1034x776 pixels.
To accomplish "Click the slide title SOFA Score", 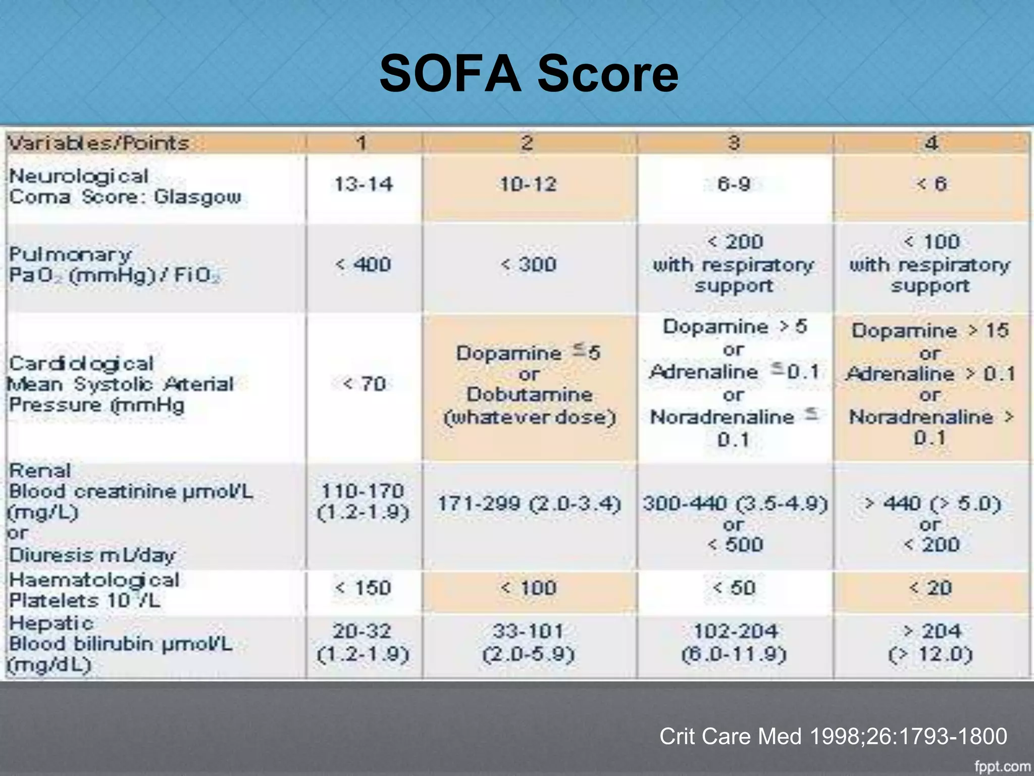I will click(529, 74).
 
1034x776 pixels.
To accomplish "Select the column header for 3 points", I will click(734, 143).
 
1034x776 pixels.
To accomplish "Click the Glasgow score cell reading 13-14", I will click(364, 184).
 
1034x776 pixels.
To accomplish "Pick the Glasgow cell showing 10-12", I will click(529, 184).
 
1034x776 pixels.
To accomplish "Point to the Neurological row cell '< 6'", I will click(932, 184).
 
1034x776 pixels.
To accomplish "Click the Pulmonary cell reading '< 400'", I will click(364, 265).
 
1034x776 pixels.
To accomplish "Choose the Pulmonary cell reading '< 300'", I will click(529, 265).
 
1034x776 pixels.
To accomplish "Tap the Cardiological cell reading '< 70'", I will click(364, 384).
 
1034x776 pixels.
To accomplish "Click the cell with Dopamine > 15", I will click(930, 384).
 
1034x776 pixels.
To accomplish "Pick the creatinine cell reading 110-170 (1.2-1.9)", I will click(364, 502).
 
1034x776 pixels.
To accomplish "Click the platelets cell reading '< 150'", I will click(364, 588).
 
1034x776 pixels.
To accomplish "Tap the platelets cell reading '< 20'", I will click(930, 588).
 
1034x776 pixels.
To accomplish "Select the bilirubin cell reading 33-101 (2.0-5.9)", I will click(529, 643).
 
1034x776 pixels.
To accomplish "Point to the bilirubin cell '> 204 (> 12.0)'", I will click(930, 643).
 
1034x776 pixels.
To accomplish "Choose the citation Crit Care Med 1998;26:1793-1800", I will click(833, 736).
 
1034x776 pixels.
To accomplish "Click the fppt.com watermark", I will click(1002, 766).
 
